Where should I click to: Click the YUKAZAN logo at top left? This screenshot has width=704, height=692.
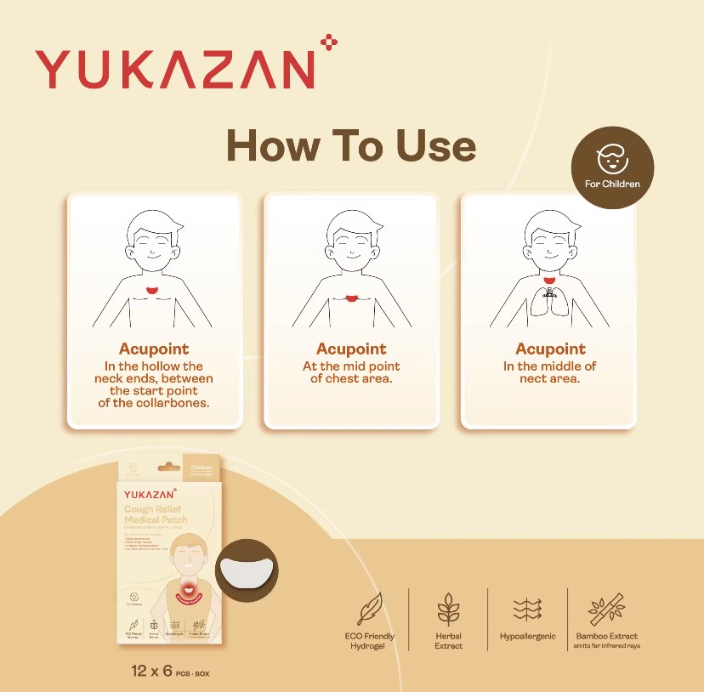(x=173, y=68)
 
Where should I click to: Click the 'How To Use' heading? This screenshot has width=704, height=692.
(x=350, y=145)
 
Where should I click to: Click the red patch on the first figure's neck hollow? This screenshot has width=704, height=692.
(x=153, y=292)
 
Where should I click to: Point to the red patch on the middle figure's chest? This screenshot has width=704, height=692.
(x=351, y=297)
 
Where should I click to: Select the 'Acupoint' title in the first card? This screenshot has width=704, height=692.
(x=154, y=349)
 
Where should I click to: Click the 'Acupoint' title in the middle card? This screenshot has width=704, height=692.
(x=351, y=349)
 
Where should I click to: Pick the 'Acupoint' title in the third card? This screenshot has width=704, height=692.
(x=550, y=349)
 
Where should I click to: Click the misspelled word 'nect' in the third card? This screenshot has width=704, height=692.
(x=534, y=378)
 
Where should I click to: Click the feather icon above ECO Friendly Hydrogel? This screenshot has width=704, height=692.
(x=369, y=608)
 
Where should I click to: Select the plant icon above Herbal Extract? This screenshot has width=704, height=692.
(x=448, y=609)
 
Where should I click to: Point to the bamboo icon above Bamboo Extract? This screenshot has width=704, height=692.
(x=606, y=608)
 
